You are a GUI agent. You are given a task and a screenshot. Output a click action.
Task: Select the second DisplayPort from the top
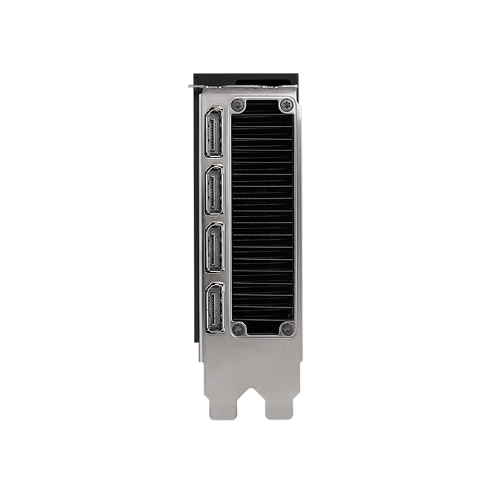pyautogui.click(x=214, y=191)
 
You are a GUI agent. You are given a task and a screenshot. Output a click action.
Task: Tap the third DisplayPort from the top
pyautogui.click(x=214, y=248)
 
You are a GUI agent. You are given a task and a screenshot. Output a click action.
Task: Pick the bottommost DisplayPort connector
pyautogui.click(x=214, y=309)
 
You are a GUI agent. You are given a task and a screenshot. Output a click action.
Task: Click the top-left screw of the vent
pyautogui.click(x=239, y=105)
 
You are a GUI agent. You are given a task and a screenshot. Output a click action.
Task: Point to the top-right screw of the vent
pyautogui.click(x=286, y=105)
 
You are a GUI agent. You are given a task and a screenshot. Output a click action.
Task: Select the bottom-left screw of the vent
pyautogui.click(x=239, y=329)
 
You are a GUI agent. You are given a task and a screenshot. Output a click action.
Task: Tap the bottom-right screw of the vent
pyautogui.click(x=286, y=329)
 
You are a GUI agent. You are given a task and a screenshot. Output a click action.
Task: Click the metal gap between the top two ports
pyautogui.click(x=214, y=163)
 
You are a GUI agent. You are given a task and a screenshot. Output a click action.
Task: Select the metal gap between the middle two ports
pyautogui.click(x=214, y=220)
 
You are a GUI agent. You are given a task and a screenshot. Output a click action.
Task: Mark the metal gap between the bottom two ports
pyautogui.click(x=214, y=279)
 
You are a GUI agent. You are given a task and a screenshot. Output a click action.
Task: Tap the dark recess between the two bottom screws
pyautogui.click(x=263, y=329)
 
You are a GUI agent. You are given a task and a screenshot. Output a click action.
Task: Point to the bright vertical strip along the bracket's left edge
pyautogui.click(x=192, y=215)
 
